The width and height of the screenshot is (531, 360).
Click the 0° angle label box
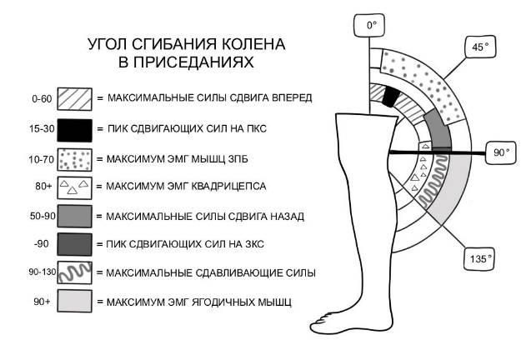pyautogui.click(x=372, y=26)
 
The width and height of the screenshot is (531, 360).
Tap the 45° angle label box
pyautogui.click(x=478, y=47)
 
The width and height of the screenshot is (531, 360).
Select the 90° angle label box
pyautogui.click(x=500, y=153)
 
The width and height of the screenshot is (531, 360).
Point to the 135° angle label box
pyautogui.click(x=478, y=258)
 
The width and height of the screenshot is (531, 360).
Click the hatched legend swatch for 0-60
pyautogui.click(x=74, y=98)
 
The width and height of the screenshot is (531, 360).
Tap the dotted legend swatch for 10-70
pyautogui.click(x=74, y=157)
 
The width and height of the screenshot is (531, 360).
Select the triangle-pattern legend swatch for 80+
pyautogui.click(x=74, y=187)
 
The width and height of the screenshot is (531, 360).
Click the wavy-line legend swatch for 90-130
pyautogui.click(x=74, y=272)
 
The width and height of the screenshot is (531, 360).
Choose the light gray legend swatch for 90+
pyautogui.click(x=74, y=301)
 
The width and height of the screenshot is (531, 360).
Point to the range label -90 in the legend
pyautogui.click(x=43, y=243)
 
